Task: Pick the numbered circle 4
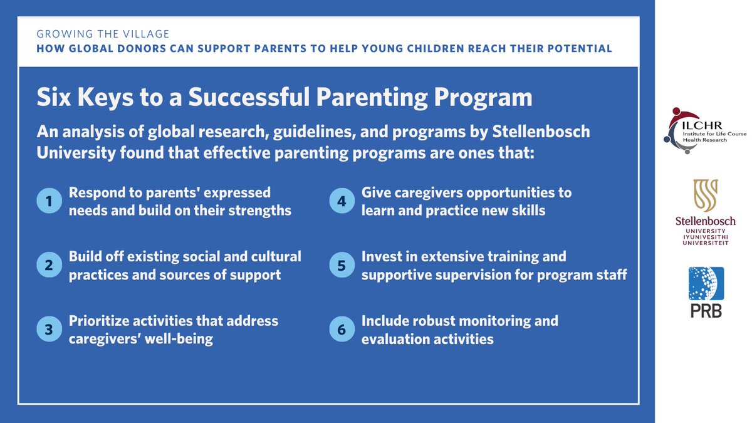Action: coord(342,201)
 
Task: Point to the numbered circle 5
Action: coord(342,266)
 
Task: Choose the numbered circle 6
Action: coord(342,330)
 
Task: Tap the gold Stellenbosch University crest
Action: coord(705,196)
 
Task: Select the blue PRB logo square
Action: coord(705,284)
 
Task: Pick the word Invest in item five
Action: coord(381,256)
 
